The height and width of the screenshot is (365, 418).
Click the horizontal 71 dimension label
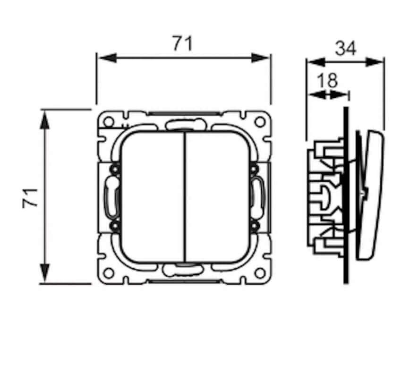click(x=182, y=43)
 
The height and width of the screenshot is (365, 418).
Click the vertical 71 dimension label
click(x=30, y=198)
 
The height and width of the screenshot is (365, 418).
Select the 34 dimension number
click(x=345, y=49)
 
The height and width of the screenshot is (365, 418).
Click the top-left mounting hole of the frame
click(x=109, y=122)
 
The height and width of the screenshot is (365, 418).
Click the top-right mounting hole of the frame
click(x=259, y=122)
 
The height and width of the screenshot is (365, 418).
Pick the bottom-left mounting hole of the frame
click(x=109, y=273)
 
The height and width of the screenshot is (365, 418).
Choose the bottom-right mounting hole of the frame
click(x=259, y=273)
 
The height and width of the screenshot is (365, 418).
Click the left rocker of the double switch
click(x=152, y=197)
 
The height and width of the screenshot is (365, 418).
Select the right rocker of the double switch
click(x=217, y=197)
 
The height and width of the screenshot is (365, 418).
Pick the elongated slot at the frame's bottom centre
click(x=183, y=270)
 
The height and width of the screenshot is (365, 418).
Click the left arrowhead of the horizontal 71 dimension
click(x=108, y=58)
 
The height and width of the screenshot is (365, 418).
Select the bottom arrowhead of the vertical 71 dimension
click(x=45, y=273)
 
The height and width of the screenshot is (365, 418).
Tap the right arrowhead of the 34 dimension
click(x=375, y=62)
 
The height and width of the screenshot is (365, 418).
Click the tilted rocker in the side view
click(x=370, y=195)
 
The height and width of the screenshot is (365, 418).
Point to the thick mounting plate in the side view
click(x=346, y=195)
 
